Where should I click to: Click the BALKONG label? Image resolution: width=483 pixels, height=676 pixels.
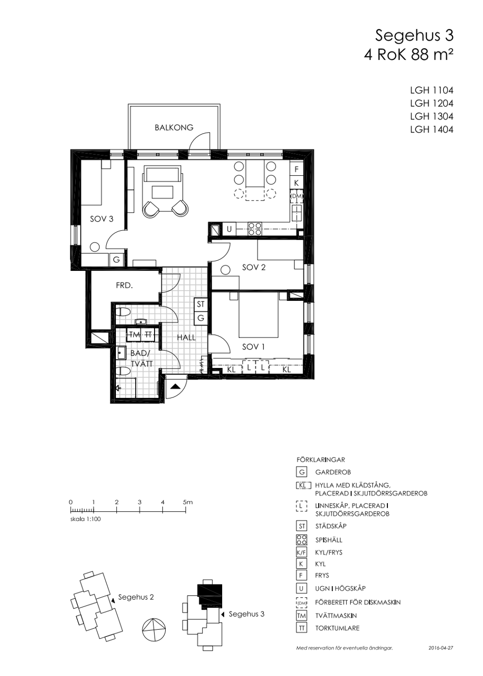[174, 128]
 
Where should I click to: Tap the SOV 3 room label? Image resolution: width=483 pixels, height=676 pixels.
[102, 219]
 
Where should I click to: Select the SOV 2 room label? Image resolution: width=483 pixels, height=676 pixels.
[254, 267]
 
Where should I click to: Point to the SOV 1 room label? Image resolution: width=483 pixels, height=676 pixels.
[253, 347]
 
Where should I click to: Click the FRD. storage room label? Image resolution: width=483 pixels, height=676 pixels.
[125, 285]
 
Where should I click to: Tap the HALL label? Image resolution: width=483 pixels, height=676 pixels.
[186, 337]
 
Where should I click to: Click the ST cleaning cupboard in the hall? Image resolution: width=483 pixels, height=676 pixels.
[201, 304]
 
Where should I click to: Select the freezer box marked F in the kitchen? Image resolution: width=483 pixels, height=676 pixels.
[296, 169]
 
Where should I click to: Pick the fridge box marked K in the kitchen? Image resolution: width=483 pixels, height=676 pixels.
[296, 182]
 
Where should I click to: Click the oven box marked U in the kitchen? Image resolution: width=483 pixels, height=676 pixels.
[229, 229]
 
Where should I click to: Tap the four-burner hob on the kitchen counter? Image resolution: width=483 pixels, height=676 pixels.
[255, 229]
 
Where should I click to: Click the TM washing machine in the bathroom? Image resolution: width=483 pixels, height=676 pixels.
[135, 334]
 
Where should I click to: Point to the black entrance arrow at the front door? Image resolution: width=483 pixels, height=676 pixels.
[176, 387]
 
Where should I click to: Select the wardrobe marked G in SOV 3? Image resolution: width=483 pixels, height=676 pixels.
[116, 259]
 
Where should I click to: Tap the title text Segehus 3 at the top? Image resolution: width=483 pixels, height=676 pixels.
[414, 36]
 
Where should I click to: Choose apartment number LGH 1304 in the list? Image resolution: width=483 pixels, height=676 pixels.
[431, 116]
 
